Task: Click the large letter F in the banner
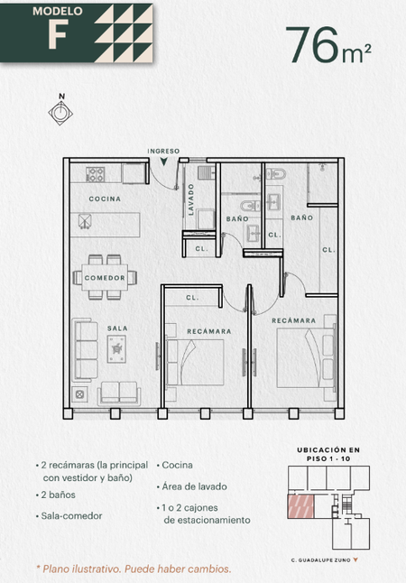(x=59, y=33)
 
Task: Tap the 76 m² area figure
(x=328, y=45)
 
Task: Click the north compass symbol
(x=60, y=113)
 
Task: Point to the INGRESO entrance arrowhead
(x=163, y=162)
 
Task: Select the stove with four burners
(x=95, y=174)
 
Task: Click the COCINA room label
(x=105, y=199)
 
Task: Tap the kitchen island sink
(x=85, y=221)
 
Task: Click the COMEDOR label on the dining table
(x=105, y=278)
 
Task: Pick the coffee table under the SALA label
(x=116, y=348)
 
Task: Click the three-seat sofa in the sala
(x=85, y=350)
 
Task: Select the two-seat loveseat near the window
(x=119, y=393)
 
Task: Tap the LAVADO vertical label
(x=191, y=199)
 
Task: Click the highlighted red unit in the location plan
(x=301, y=506)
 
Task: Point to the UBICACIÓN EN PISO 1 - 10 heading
(x=328, y=454)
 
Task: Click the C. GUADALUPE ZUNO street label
(x=321, y=560)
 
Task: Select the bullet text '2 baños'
(x=58, y=495)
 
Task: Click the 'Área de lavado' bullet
(x=192, y=486)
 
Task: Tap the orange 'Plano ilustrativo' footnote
(x=134, y=569)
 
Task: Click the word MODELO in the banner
(x=58, y=11)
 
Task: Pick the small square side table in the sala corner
(x=79, y=393)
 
